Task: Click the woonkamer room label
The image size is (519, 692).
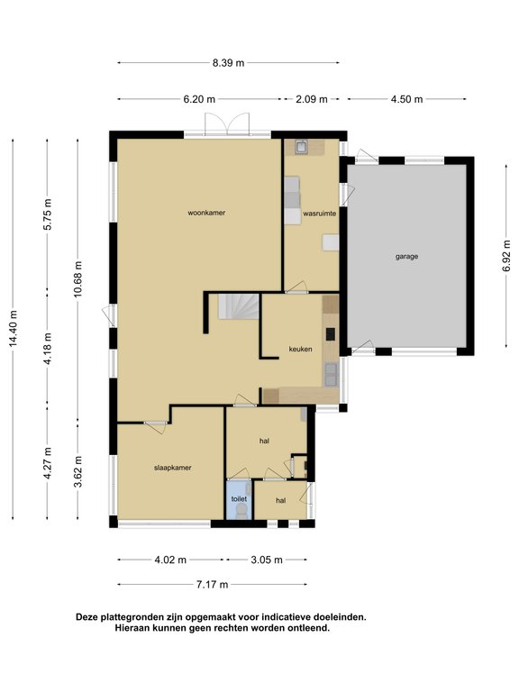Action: coord(206,213)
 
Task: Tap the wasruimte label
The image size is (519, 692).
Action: coord(320,214)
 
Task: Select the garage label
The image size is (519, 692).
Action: coord(406,257)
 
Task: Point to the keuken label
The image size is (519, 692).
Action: coord(301,349)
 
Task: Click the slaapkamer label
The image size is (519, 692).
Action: coord(173,468)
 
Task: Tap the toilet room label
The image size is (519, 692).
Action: coord(239,499)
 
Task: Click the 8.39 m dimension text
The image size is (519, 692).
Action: coord(228,63)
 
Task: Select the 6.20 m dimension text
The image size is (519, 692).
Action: coord(199,99)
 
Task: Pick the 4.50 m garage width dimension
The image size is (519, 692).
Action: coord(406,99)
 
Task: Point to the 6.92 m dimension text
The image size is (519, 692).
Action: coord(506,257)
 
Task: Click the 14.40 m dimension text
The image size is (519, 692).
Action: coord(14,328)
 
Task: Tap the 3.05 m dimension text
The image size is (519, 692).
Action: coord(267,560)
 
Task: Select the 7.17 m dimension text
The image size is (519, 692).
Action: coord(213,585)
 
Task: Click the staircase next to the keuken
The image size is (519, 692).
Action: coord(238,306)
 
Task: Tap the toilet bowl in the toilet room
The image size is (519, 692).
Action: coord(241,511)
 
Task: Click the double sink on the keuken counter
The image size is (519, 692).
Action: coord(331,374)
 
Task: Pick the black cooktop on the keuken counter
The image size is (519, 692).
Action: coord(331,334)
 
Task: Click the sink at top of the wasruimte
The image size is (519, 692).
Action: coord(303,147)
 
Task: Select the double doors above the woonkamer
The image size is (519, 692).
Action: coord(227,124)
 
